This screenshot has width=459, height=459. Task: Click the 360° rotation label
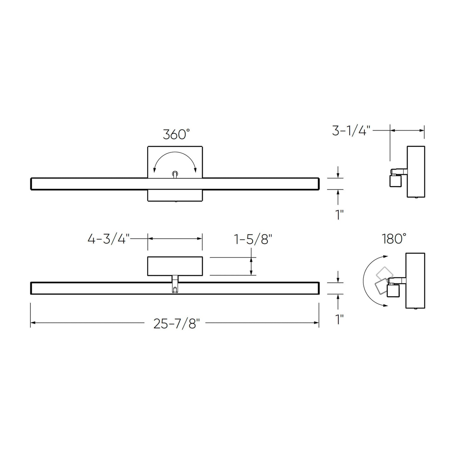tap(176, 135)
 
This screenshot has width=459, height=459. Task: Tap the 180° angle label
tap(394, 239)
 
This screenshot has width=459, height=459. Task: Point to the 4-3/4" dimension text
tap(109, 239)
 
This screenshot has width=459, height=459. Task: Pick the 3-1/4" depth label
tap(351, 131)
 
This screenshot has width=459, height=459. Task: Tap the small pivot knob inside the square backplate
tap(175, 173)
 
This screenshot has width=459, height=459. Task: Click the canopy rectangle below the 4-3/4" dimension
tap(175, 266)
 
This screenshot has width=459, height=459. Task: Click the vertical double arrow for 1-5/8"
tap(251, 266)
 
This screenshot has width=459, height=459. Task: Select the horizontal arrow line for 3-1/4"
tap(407, 130)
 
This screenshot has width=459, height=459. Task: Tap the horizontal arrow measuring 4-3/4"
tap(175, 239)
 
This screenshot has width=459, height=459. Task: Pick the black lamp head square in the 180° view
tap(393, 291)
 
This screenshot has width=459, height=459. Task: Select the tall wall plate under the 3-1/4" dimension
tap(416, 172)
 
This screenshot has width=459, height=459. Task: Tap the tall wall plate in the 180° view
tap(415, 280)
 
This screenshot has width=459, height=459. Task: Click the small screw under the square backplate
tap(175, 201)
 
